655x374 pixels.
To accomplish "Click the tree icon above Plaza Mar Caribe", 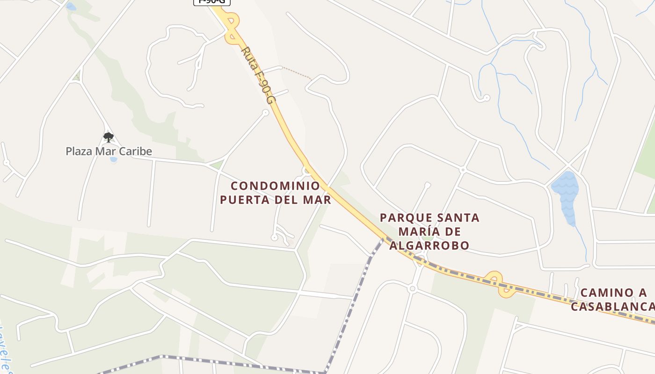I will click(x=109, y=137).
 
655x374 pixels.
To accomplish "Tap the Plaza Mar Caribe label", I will click(x=109, y=151).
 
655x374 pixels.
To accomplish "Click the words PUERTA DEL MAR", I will click(x=276, y=200).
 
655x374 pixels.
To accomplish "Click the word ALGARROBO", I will click(x=429, y=246).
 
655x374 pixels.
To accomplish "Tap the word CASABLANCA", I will click(x=612, y=307).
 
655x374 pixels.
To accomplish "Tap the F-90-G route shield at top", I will click(x=212, y=2).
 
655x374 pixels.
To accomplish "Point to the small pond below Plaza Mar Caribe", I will click(x=113, y=160).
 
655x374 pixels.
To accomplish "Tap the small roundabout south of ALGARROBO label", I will click(x=412, y=289).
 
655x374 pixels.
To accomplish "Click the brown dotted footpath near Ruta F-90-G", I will click(x=297, y=73).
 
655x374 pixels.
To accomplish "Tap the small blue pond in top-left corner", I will click(x=71, y=7).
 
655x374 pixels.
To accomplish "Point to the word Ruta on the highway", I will click(x=248, y=55).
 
